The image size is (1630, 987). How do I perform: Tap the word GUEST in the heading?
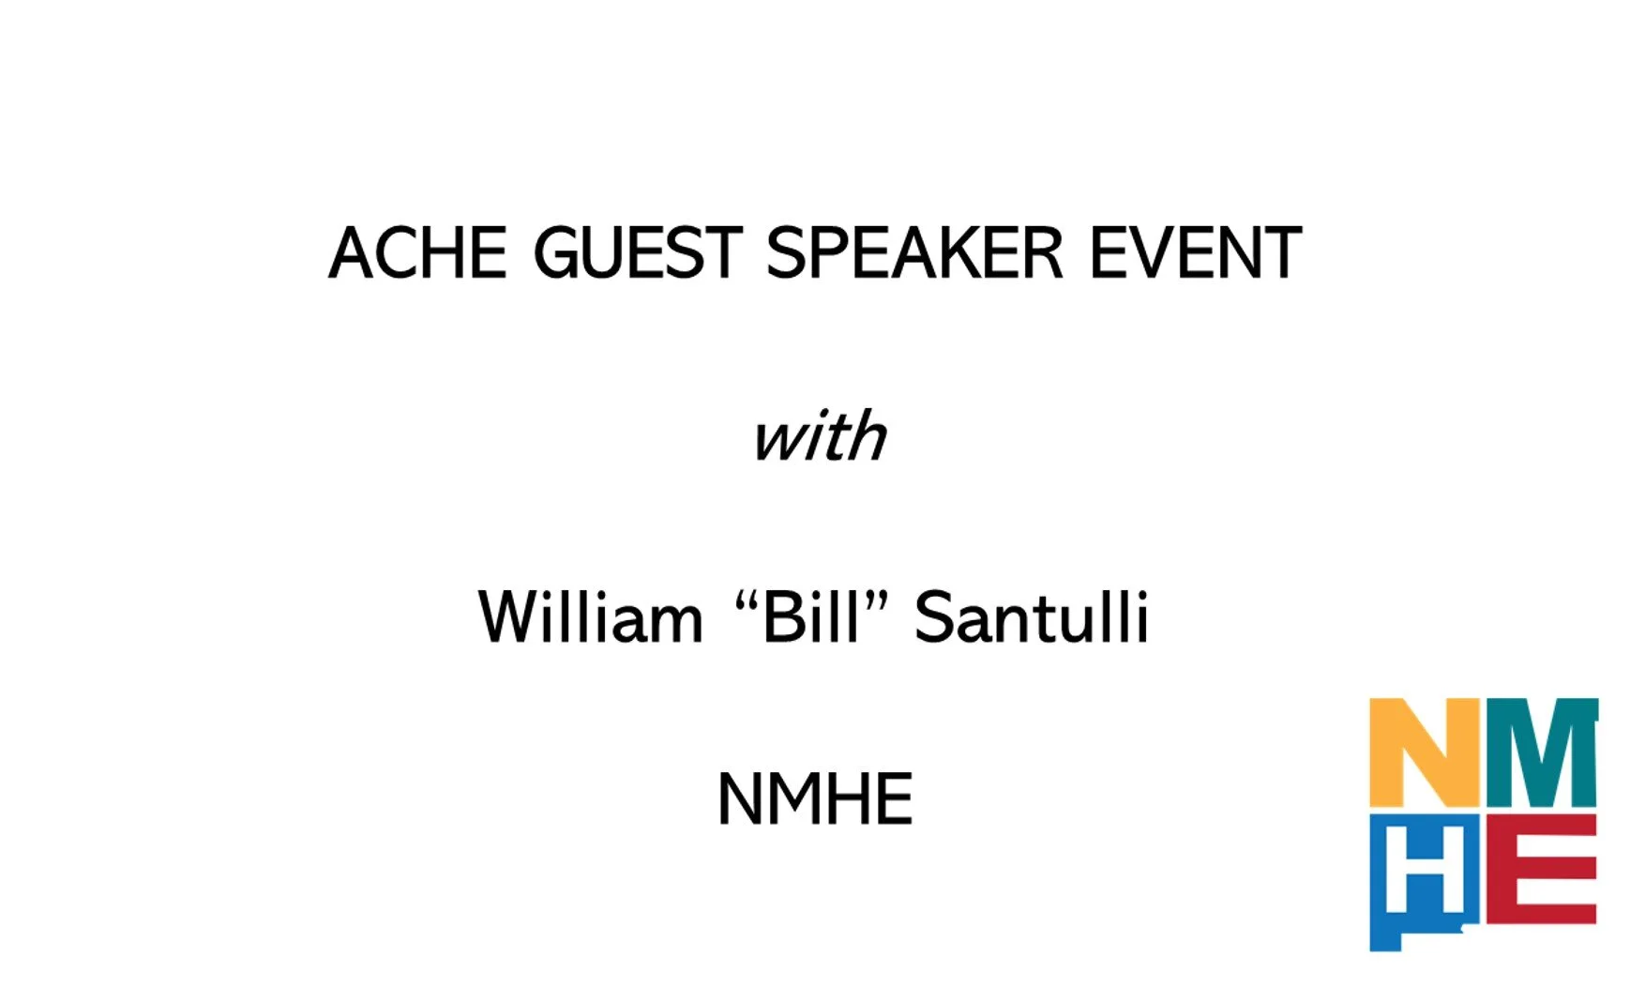pos(638,252)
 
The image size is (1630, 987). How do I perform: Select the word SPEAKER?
pos(915,252)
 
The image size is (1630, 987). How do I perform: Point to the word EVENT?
pos(1196,252)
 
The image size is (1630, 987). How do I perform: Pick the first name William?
pos(591,617)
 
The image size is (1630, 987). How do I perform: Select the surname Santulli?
pos(1032,616)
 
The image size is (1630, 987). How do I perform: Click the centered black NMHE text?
pos(815,798)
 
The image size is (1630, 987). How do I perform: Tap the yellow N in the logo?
pos(1426,752)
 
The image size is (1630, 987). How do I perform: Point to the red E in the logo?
pos(1542,869)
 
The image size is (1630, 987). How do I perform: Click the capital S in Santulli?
pos(935,616)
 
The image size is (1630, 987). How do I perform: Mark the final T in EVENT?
pos(1281,252)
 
